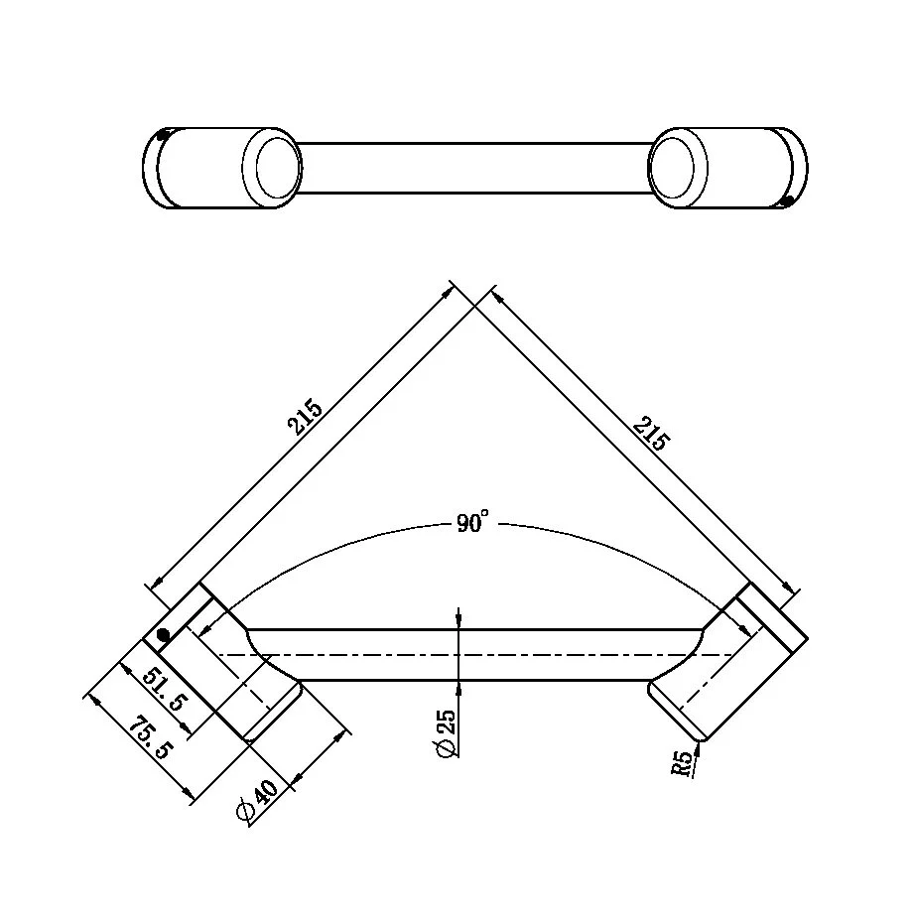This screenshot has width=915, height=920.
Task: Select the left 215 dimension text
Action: tap(306, 417)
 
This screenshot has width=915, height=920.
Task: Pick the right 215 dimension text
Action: tap(649, 433)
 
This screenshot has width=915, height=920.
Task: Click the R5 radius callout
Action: tap(682, 762)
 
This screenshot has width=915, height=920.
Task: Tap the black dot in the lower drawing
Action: tap(163, 635)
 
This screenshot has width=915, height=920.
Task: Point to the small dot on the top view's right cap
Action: tap(786, 201)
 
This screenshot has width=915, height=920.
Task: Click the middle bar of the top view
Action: tap(474, 168)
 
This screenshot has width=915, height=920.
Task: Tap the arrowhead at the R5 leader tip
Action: tap(700, 747)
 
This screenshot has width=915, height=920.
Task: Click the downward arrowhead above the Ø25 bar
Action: tap(458, 621)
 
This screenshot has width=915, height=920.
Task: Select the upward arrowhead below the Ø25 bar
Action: tap(458, 688)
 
